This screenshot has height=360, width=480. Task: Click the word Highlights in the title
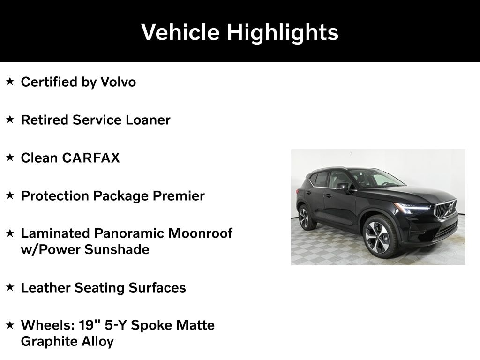coord(283,32)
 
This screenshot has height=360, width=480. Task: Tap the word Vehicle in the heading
coord(180,32)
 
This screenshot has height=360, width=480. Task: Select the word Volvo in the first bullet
coord(118,82)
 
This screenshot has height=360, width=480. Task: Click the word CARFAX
coord(91,158)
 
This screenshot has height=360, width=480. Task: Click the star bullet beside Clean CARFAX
coord(10,157)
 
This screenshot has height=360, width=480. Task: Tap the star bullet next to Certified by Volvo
coord(10,82)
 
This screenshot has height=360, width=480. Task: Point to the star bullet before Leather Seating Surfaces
coord(10,287)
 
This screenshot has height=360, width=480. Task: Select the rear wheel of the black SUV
coord(305,217)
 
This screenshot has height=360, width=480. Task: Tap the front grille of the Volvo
coord(445,208)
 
